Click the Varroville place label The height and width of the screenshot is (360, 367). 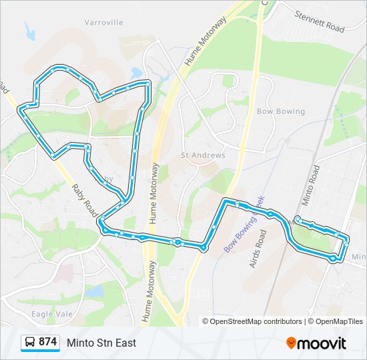103,22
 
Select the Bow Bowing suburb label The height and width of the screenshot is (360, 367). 280,112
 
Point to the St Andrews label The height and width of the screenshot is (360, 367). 204,155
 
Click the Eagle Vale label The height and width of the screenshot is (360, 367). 51,313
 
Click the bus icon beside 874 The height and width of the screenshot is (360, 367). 30,342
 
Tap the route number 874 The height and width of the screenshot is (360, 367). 47,342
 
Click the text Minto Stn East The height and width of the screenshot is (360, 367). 101,343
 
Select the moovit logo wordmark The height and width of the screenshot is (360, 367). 322,343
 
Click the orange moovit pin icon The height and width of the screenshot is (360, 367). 292,343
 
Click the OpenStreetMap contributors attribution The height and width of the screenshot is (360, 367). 252,321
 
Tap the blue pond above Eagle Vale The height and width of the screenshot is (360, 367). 94,291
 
